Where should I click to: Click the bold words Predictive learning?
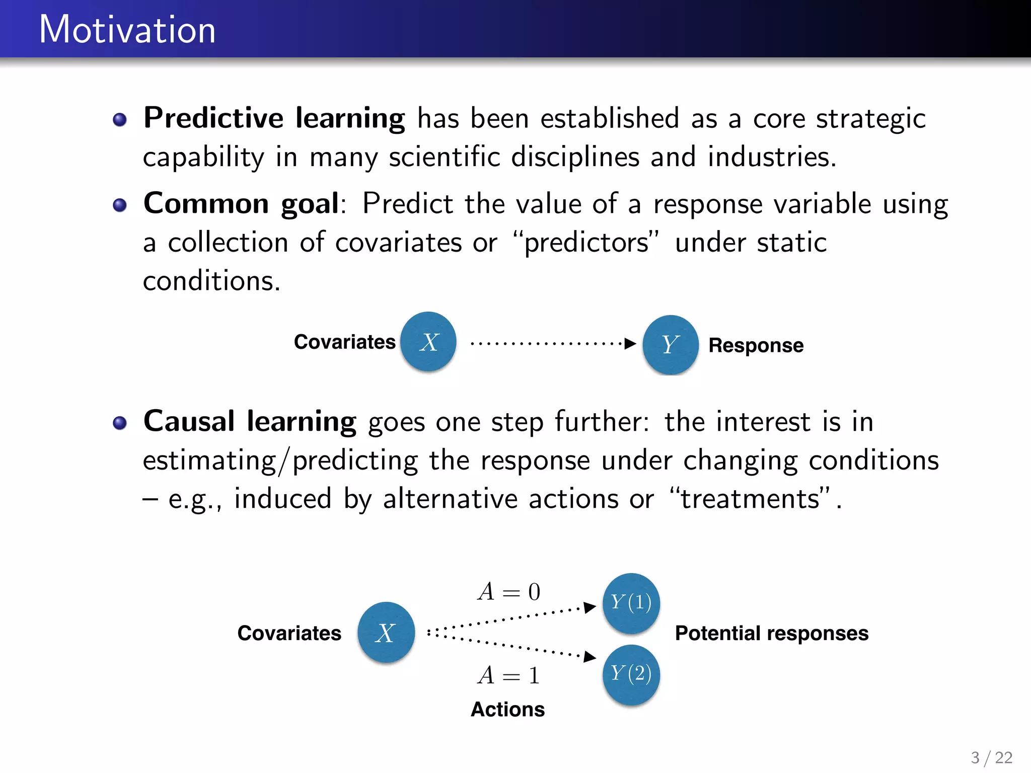tap(274, 119)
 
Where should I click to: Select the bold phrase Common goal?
tap(241, 204)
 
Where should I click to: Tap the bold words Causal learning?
tap(250, 422)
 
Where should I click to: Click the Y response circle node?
tap(670, 345)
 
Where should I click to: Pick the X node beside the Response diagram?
tap(428, 342)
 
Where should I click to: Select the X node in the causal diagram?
tap(386, 633)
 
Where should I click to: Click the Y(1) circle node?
tap(631, 603)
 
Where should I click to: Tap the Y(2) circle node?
tap(631, 674)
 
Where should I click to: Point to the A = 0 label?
tap(509, 592)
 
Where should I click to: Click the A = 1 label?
tap(509, 675)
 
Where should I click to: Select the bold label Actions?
tap(507, 710)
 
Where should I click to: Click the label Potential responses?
tap(771, 633)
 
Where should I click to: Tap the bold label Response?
tap(756, 345)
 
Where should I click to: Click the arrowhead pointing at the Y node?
tap(630, 344)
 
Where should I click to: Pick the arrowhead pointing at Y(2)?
tap(590, 657)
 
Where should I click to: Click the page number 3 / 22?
tap(991, 757)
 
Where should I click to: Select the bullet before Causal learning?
tap(120, 423)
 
